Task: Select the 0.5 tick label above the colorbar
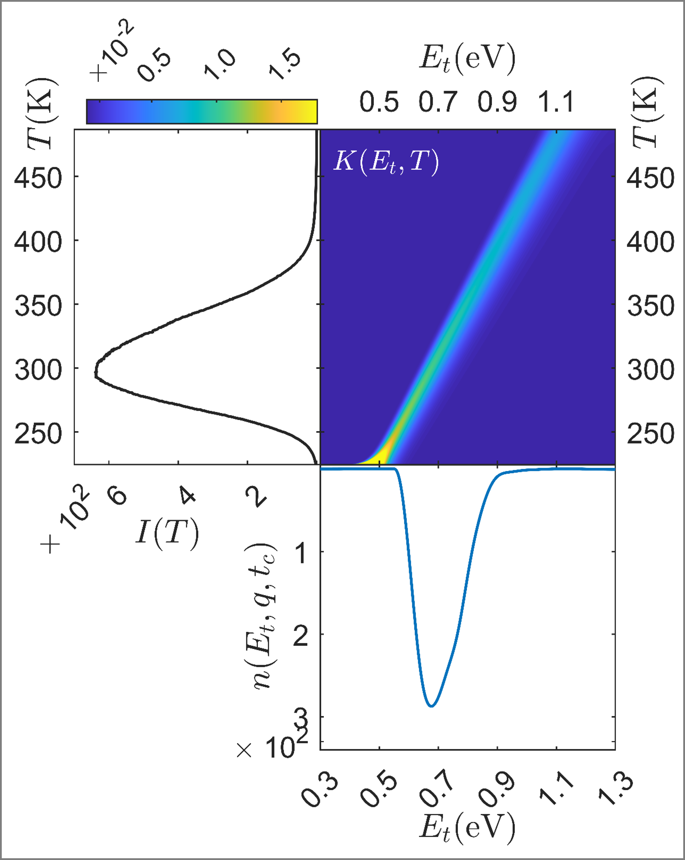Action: click(154, 66)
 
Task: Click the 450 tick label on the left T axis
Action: click(38, 178)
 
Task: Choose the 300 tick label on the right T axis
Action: click(650, 369)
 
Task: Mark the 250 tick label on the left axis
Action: click(38, 434)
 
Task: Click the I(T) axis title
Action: click(167, 534)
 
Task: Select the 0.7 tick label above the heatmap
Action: click(438, 102)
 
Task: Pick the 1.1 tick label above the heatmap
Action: click(556, 102)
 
